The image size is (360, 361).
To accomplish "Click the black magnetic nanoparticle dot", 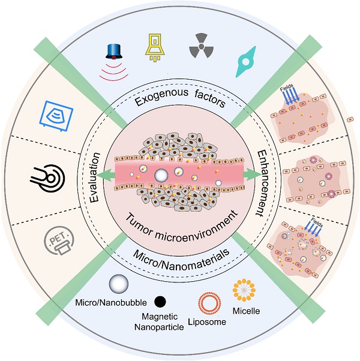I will coord(160,300).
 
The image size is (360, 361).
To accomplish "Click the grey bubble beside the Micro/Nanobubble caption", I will coord(118,285).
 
